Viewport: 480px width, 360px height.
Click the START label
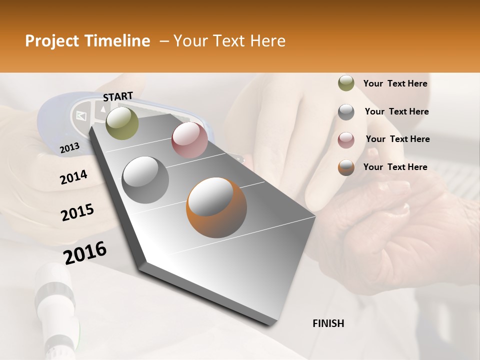pyautogui.click(x=118, y=96)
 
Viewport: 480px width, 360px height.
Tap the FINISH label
pyautogui.click(x=328, y=323)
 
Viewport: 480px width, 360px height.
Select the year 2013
pyautogui.click(x=69, y=147)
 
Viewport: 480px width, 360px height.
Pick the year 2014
pyautogui.click(x=73, y=177)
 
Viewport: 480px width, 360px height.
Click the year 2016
pyautogui.click(x=85, y=252)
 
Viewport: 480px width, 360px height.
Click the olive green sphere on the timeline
pyautogui.click(x=122, y=123)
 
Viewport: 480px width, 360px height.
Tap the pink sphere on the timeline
pyautogui.click(x=189, y=140)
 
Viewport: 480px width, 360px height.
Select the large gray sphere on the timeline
pyautogui.click(x=145, y=180)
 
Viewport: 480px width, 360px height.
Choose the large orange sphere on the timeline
pyautogui.click(x=216, y=207)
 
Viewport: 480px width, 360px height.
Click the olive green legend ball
pyautogui.click(x=346, y=83)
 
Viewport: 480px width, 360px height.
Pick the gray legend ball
pyautogui.click(x=346, y=112)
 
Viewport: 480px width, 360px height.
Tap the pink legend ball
pyautogui.click(x=346, y=139)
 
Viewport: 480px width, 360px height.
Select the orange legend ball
pyautogui.click(x=346, y=167)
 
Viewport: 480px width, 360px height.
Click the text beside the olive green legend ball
pyautogui.click(x=395, y=83)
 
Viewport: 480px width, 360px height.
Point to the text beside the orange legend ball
pyautogui.click(x=395, y=167)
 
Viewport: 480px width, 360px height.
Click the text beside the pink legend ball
pyautogui.click(x=397, y=139)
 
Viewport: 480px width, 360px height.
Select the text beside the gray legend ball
pyautogui.click(x=396, y=111)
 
